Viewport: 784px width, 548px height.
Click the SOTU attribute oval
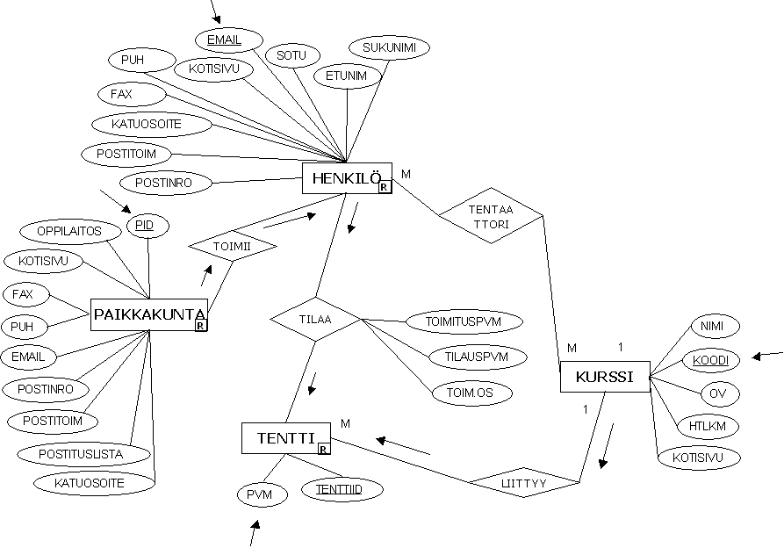click(291, 55)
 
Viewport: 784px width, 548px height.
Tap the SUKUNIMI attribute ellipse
click(389, 48)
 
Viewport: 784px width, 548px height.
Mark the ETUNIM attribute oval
click(347, 76)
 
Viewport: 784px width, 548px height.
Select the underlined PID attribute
click(148, 226)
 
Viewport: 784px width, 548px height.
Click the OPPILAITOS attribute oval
click(70, 232)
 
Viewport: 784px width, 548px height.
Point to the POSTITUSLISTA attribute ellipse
click(83, 454)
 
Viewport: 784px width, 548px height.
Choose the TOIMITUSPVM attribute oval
click(464, 321)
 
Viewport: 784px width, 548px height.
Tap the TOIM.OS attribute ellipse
click(472, 393)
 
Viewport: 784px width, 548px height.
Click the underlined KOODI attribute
click(710, 360)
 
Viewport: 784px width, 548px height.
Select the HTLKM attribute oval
click(708, 426)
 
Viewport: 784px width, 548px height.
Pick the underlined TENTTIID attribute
click(342, 489)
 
